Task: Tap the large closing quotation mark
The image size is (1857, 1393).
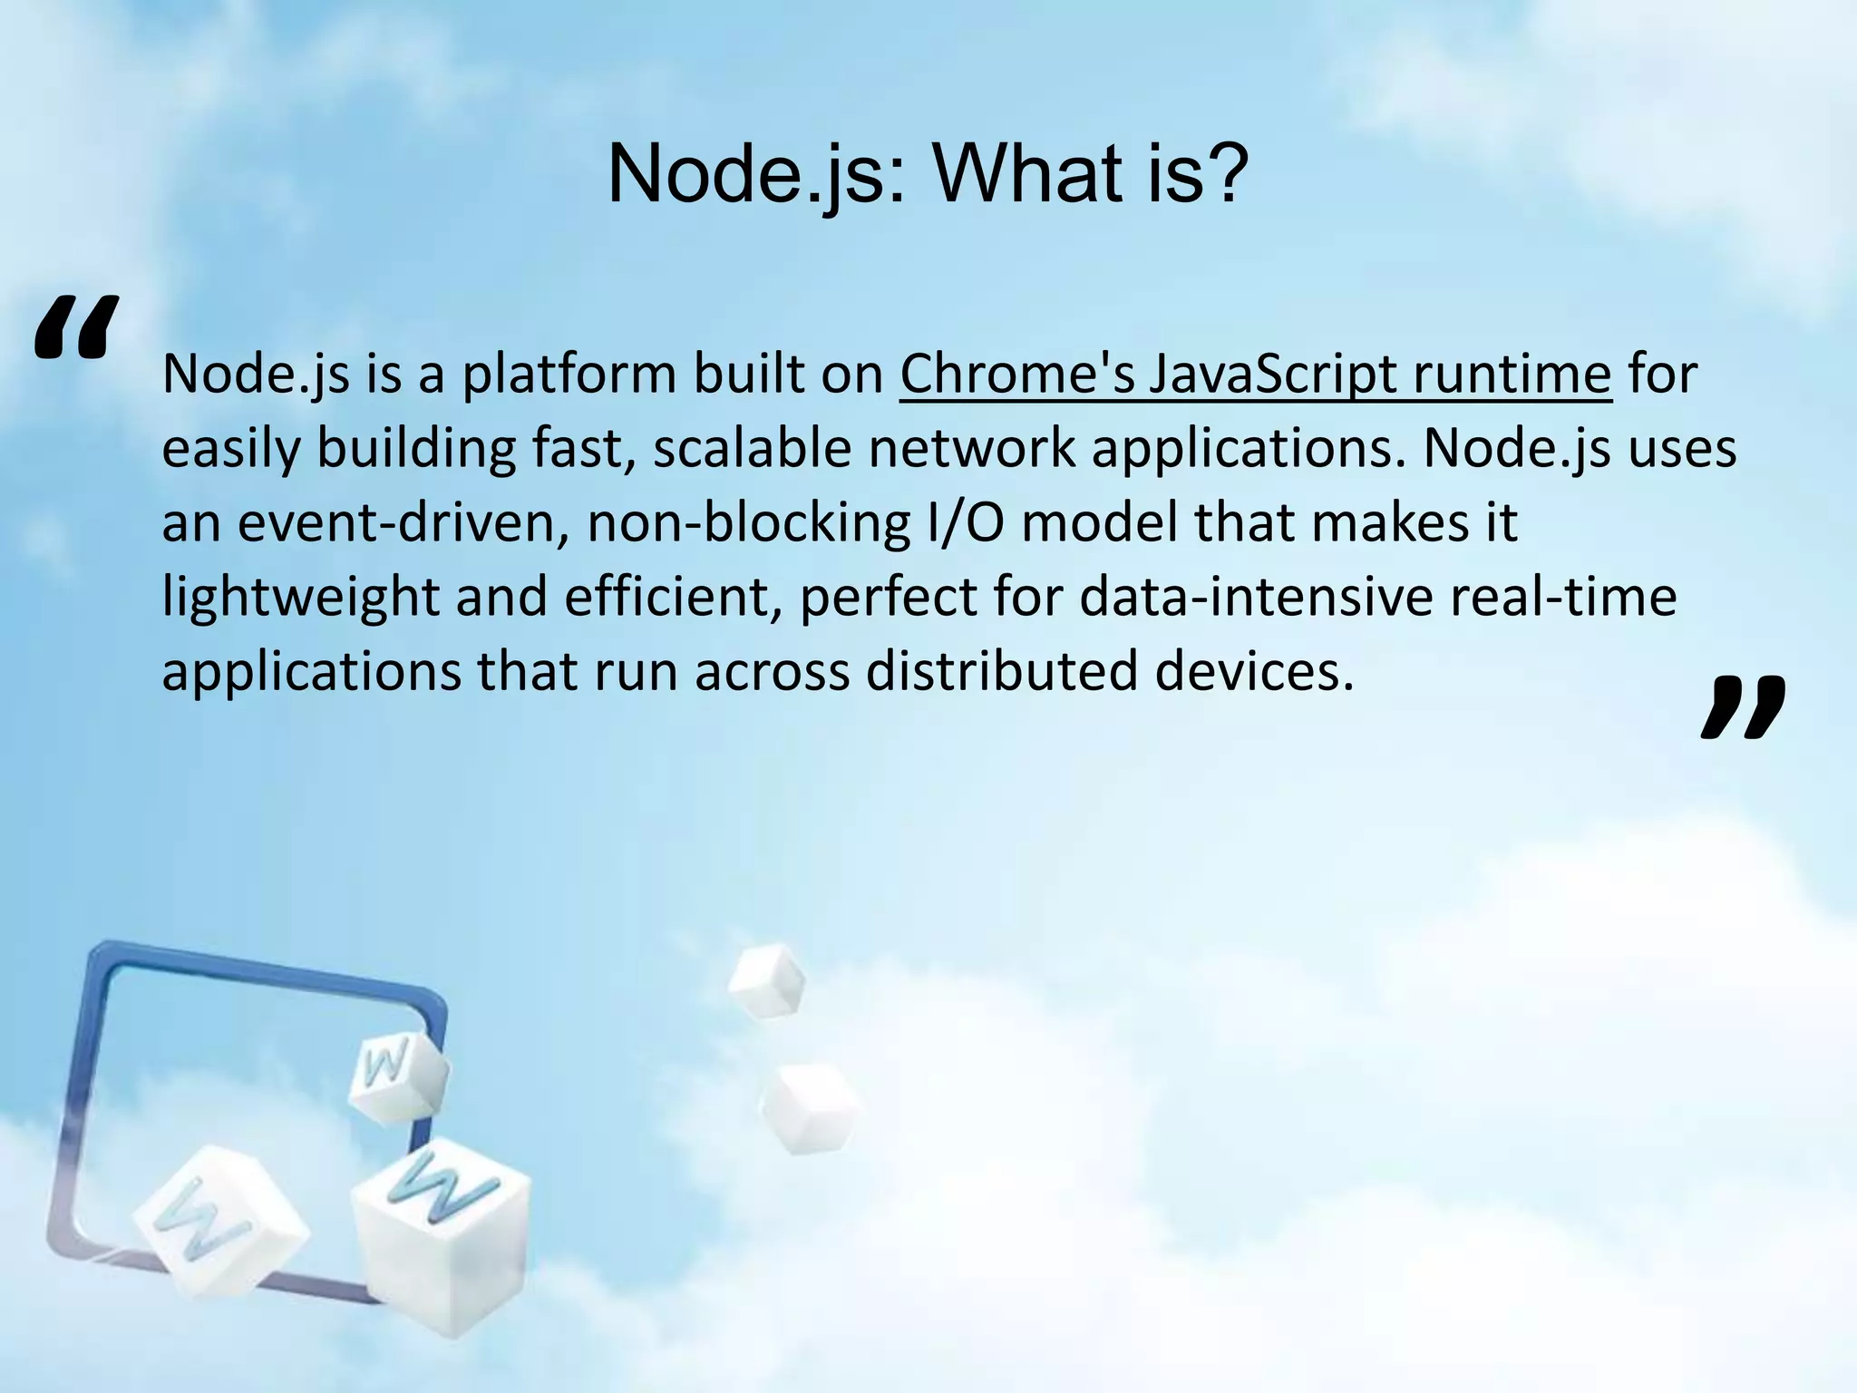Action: pyautogui.click(x=1742, y=707)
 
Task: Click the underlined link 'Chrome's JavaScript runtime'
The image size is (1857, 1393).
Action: pyautogui.click(x=1255, y=374)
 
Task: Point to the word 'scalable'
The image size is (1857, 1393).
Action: pyautogui.click(x=752, y=448)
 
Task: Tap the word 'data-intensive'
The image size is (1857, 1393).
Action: pyautogui.click(x=1256, y=597)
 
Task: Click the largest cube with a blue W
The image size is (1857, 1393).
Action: pyautogui.click(x=440, y=1233)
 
